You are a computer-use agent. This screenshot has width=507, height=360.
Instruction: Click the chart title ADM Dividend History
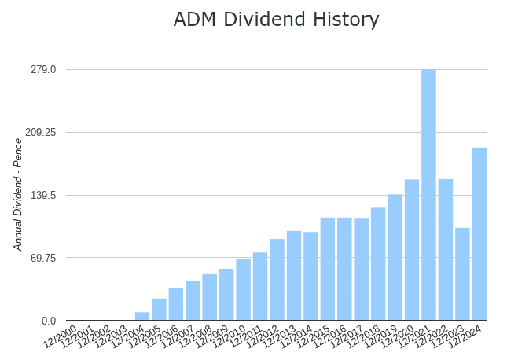coord(276,20)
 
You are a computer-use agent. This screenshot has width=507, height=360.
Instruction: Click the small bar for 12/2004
coord(142,316)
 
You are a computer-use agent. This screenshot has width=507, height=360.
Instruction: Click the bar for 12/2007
coord(193,300)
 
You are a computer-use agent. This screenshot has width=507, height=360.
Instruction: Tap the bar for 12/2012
coord(277,279)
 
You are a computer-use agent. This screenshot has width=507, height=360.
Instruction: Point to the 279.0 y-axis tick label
coord(43,69)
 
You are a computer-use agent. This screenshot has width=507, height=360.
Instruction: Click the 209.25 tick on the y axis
coord(40,132)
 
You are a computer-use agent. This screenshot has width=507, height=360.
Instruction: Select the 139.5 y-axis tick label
coord(43,195)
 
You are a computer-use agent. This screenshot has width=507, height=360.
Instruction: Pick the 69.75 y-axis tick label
coord(43,258)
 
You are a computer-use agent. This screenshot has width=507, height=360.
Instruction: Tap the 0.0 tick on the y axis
coord(49,321)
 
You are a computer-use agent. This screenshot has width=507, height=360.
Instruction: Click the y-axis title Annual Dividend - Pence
coord(18,194)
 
